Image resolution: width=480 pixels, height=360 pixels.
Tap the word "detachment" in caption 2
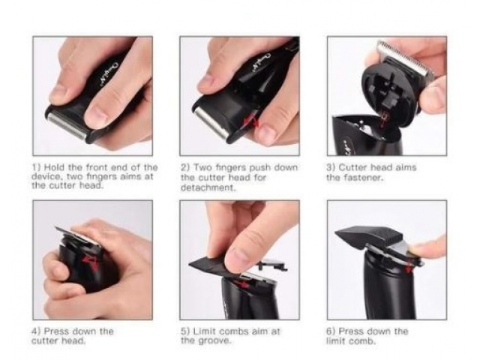coord(207,188)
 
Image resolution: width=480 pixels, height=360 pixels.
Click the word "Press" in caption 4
coord(57,331)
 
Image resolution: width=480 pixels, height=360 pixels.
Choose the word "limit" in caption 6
coord(335,340)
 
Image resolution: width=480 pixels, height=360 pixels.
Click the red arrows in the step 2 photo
coord(252,121)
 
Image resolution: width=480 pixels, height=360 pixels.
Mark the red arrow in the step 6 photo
coord(408,268)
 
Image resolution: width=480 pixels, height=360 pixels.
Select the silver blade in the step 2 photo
coord(211,124)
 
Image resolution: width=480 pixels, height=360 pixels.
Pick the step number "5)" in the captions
coord(184,331)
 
